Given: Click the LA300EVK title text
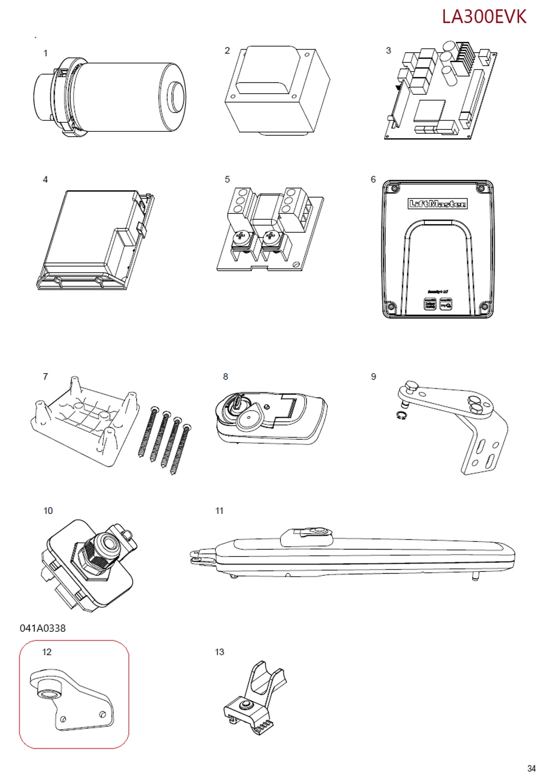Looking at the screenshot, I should (x=483, y=17).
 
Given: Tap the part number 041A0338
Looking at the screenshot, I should (x=43, y=628).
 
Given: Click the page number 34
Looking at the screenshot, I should (x=531, y=768).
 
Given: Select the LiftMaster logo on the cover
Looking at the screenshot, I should (x=438, y=204).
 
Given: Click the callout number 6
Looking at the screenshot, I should (x=373, y=179).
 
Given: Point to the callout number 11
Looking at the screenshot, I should (x=219, y=511).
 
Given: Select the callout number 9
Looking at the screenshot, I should (x=373, y=377).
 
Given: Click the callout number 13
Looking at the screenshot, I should (x=219, y=652).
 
